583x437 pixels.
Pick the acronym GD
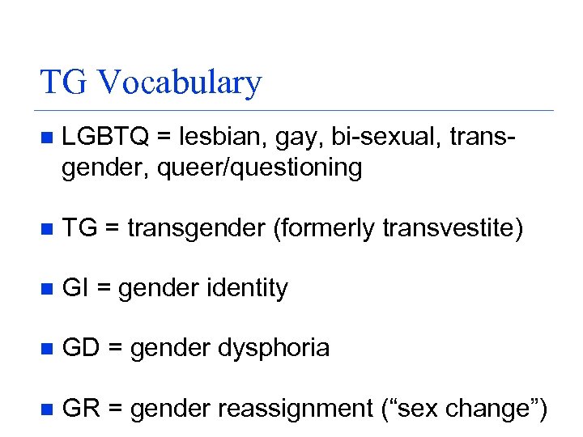[80, 349]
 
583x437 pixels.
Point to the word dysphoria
[274, 349]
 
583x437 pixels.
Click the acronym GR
[80, 409]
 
